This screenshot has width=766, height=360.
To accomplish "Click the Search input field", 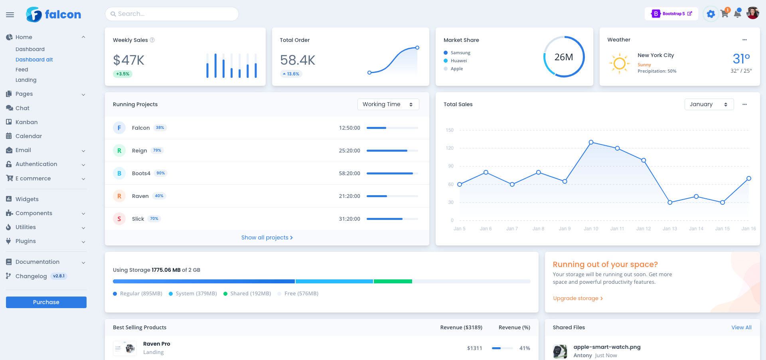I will pyautogui.click(x=172, y=14).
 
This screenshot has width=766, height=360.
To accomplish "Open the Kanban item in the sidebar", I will pyautogui.click(x=26, y=122).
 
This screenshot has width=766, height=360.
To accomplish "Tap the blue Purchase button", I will pyautogui.click(x=46, y=302).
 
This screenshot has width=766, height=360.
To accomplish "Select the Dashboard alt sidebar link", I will pyautogui.click(x=34, y=59).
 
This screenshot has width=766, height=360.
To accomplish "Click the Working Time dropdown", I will pyautogui.click(x=388, y=104).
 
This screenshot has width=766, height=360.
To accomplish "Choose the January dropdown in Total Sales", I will pyautogui.click(x=709, y=104).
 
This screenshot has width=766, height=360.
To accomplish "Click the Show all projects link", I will pyautogui.click(x=267, y=237).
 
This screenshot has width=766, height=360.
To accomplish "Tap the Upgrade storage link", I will pyautogui.click(x=577, y=298).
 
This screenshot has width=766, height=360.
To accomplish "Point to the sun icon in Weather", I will pyautogui.click(x=619, y=63).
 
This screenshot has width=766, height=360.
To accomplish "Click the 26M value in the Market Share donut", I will pyautogui.click(x=564, y=57).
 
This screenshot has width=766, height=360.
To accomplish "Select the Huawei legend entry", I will pyautogui.click(x=458, y=61).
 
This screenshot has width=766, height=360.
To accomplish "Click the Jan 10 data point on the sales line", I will pyautogui.click(x=591, y=142).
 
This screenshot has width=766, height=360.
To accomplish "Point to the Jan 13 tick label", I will pyautogui.click(x=669, y=229).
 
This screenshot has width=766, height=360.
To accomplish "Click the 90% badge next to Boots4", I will pyautogui.click(x=160, y=173).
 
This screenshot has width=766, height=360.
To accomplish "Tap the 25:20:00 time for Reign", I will pyautogui.click(x=349, y=150).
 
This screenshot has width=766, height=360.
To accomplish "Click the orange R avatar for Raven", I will pyautogui.click(x=119, y=196).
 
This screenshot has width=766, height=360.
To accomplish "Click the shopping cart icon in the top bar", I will pyautogui.click(x=725, y=14).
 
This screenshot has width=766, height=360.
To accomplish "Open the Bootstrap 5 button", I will pyautogui.click(x=671, y=14).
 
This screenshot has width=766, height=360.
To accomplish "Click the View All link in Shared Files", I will pyautogui.click(x=741, y=327).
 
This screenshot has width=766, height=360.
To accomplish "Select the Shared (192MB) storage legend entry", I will pyautogui.click(x=250, y=293).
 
